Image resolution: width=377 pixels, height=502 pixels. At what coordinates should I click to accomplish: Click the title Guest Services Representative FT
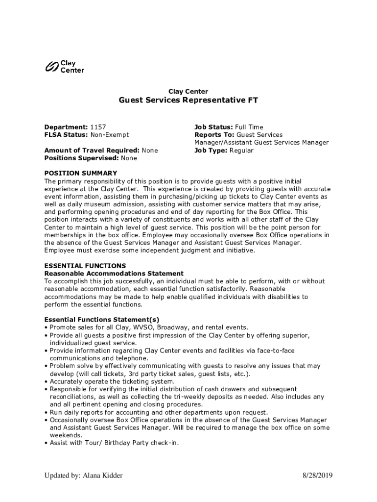point(188,100)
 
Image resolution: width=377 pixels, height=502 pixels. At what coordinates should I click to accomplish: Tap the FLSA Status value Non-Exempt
point(110,135)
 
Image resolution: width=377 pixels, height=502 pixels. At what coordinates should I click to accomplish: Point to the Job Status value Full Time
point(249,127)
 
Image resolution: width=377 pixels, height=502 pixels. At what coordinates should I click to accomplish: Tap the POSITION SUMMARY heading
point(81,173)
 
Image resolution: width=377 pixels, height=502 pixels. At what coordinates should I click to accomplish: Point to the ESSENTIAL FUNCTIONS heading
point(85,266)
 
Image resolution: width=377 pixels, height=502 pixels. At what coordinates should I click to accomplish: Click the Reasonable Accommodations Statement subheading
point(114,273)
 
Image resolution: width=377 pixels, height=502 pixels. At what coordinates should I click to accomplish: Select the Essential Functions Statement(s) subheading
point(102,320)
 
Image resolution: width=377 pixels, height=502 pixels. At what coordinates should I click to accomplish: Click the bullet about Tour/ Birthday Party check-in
point(114,443)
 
